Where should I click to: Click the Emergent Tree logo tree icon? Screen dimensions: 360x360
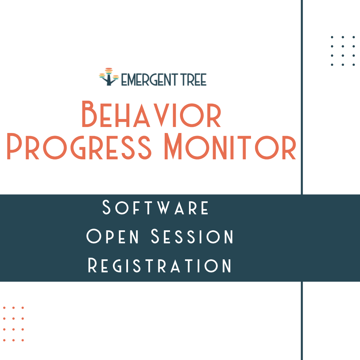click(x=109, y=77)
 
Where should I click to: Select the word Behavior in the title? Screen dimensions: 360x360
click(x=151, y=115)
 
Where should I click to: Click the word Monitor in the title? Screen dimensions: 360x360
click(x=230, y=146)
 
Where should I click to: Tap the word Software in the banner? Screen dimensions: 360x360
click(x=156, y=207)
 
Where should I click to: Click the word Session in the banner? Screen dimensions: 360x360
click(x=193, y=236)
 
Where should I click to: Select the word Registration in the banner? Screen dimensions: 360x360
click(x=160, y=266)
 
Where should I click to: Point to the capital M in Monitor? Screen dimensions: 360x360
click(x=176, y=146)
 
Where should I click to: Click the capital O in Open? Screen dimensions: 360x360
click(x=94, y=236)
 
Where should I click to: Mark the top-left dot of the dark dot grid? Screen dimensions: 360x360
click(x=332, y=37)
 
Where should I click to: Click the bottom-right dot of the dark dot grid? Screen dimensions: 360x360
click(x=354, y=65)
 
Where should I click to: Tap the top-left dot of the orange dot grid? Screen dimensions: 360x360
click(x=4, y=308)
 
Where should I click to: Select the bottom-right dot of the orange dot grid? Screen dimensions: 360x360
click(x=23, y=340)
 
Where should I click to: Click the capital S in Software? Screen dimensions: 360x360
click(x=106, y=207)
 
